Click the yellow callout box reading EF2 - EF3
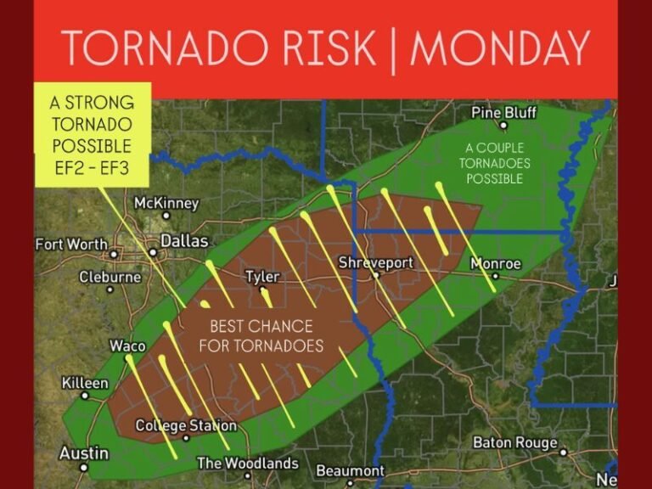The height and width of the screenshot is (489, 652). pos(91,134)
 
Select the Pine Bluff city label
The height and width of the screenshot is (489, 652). pos(504,113)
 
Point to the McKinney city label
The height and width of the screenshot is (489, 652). pos(166,203)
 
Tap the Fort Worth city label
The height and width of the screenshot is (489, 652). pos(71,244)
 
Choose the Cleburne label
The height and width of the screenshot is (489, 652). pos(110,277)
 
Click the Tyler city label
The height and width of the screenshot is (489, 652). pos(261,277)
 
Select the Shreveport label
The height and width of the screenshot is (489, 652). pos(375,263)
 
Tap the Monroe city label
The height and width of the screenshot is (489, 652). pos(496,264)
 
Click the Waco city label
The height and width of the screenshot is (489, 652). pos(127,346)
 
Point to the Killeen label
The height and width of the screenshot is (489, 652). pos(85,383)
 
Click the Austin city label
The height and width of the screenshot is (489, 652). pos(83,452)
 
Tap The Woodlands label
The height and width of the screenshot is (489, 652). pos(247,464)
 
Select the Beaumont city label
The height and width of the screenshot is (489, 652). pos(350,470)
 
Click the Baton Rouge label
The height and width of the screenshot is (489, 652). pos(515,442)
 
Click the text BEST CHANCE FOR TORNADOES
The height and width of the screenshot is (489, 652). pos(261,336)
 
